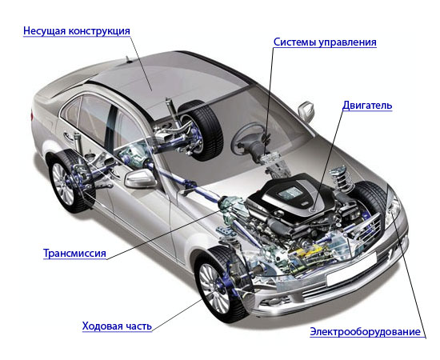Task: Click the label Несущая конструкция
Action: tap(77, 31)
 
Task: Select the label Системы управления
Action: tap(325, 42)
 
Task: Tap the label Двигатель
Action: tap(367, 106)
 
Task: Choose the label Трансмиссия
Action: tap(74, 254)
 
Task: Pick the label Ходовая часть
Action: tap(117, 326)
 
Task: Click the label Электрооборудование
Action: tap(365, 332)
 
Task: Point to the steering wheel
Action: tap(247, 139)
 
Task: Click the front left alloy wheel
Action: tap(214, 288)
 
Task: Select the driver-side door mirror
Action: tap(140, 178)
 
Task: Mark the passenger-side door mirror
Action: tap(306, 111)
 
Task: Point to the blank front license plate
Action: tap(351, 269)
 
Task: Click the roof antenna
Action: tap(128, 59)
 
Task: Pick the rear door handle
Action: tap(68, 136)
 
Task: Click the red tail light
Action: tap(33, 116)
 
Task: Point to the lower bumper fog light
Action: tap(270, 302)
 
